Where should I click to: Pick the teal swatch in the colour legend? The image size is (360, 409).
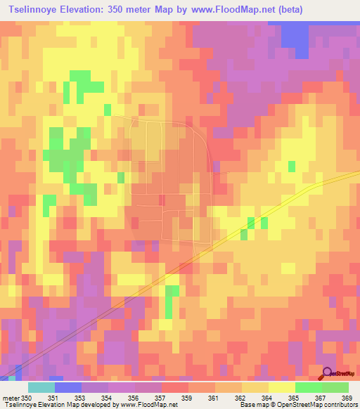coord(41,388)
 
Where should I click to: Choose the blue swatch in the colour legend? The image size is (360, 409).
coord(68,388)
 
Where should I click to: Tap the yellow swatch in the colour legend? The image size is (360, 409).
coord(281,388)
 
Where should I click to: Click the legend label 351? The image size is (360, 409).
coord(52,398)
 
